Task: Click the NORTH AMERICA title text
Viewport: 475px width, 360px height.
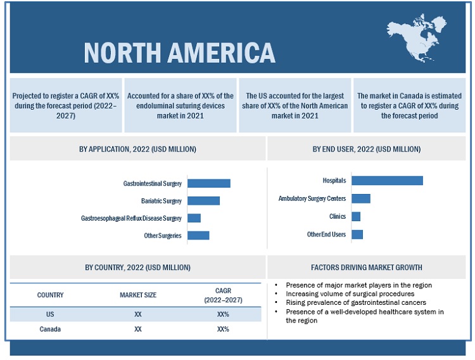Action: coord(179,53)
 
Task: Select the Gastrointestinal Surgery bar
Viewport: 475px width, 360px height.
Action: coord(209,183)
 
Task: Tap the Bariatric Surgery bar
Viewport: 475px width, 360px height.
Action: coord(203,201)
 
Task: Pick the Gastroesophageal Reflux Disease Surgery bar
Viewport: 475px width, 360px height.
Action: coord(194,218)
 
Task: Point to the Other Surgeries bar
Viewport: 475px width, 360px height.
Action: coord(198,235)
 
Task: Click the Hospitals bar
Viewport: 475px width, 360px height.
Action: coord(387,181)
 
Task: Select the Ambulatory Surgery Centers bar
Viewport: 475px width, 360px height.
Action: coord(360,198)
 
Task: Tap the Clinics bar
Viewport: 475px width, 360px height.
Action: coord(356,216)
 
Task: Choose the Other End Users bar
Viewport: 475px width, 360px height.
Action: coord(357,235)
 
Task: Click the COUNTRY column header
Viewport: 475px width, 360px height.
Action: coord(50,295)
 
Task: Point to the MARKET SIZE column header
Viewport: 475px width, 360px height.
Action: coord(138,295)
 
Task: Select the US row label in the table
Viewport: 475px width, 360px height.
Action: coord(50,314)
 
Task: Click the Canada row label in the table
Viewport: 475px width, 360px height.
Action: coord(50,330)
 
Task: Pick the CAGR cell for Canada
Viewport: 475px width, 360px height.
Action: coord(223,330)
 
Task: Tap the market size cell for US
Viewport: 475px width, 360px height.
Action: coord(138,314)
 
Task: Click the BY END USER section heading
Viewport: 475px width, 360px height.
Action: coord(366,149)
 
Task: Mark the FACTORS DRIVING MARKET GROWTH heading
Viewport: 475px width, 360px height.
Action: coord(366,267)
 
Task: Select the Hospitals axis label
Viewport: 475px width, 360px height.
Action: coord(334,181)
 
